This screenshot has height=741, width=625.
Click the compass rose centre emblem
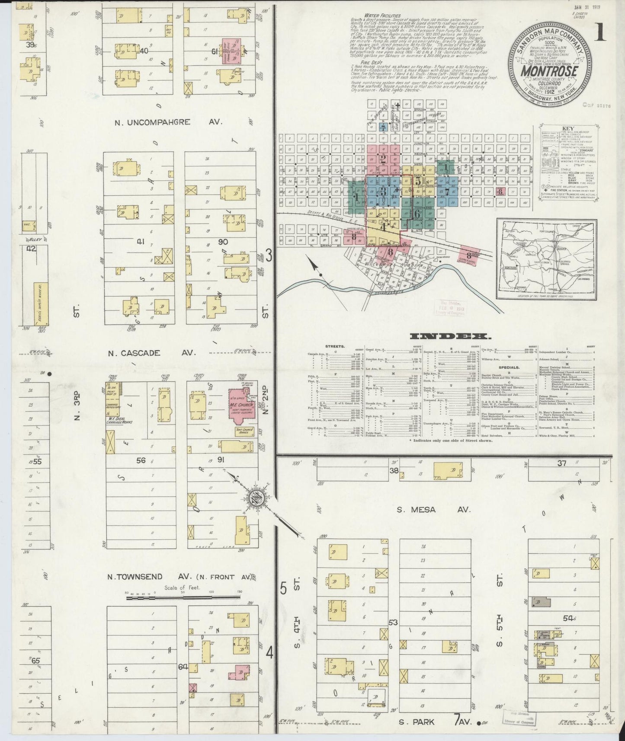[256, 498]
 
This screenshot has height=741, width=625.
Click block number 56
[141, 460]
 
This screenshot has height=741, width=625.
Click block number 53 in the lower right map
[393, 623]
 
